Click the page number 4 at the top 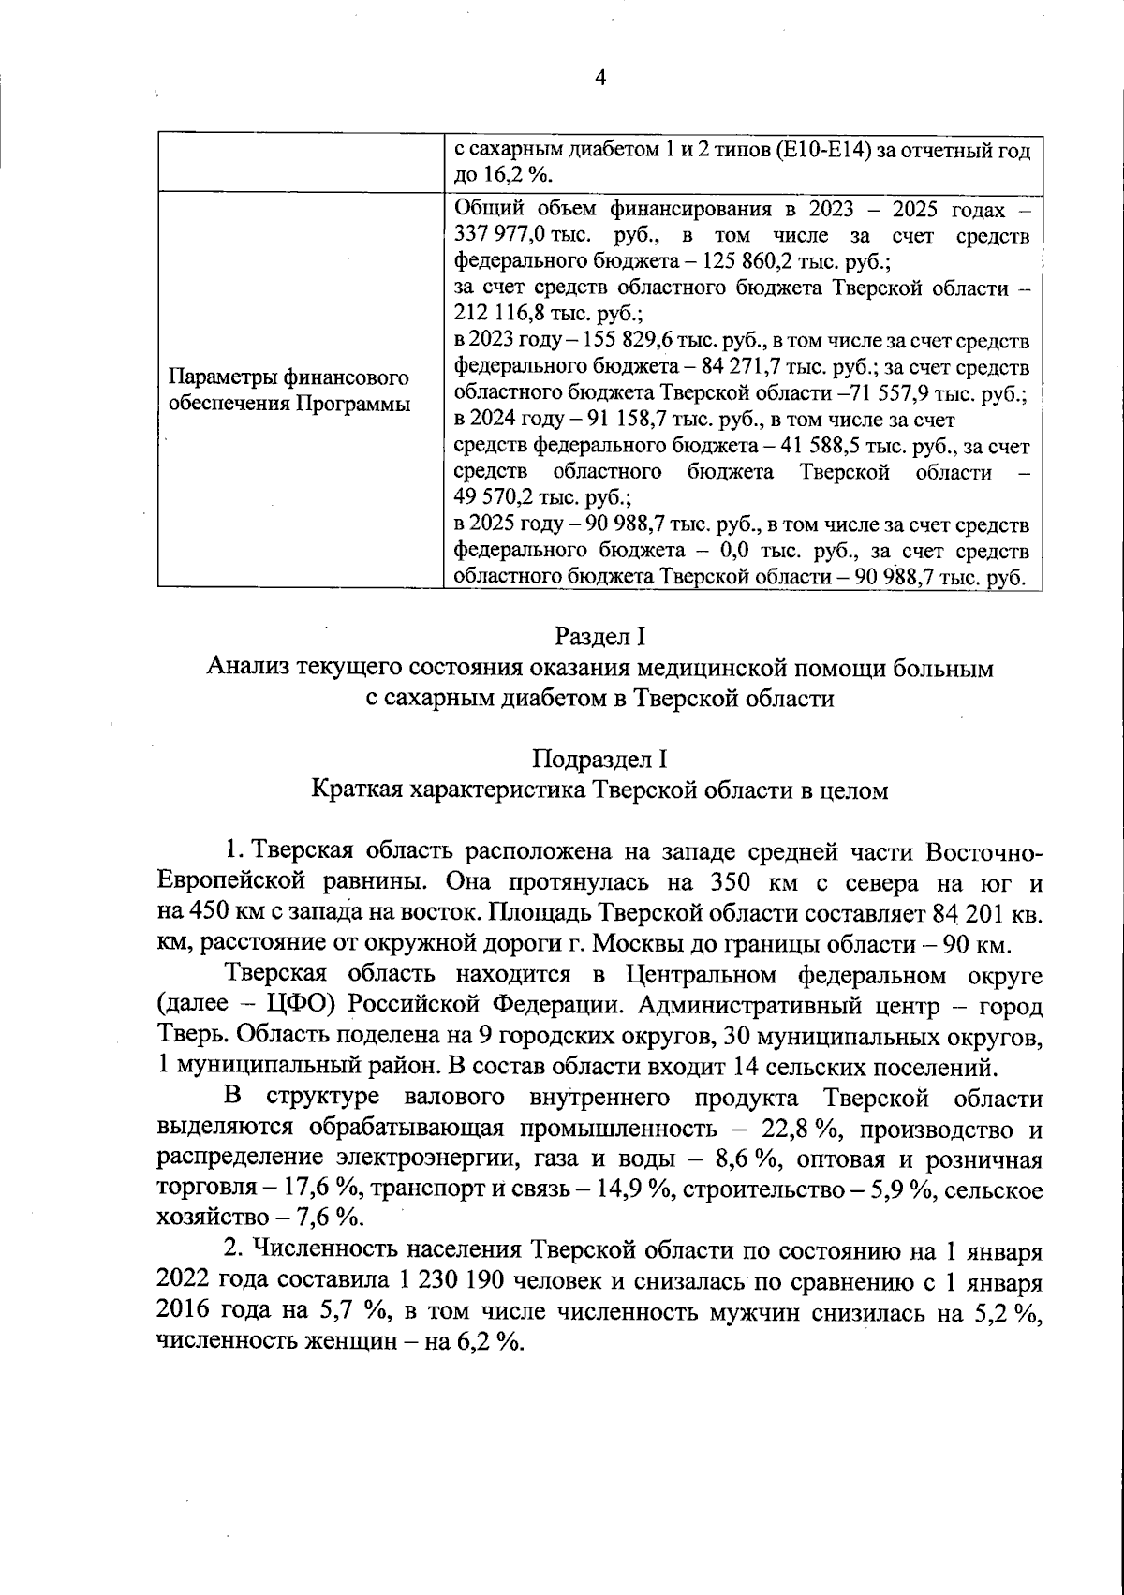600,79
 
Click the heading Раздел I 599,637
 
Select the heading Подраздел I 599,758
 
